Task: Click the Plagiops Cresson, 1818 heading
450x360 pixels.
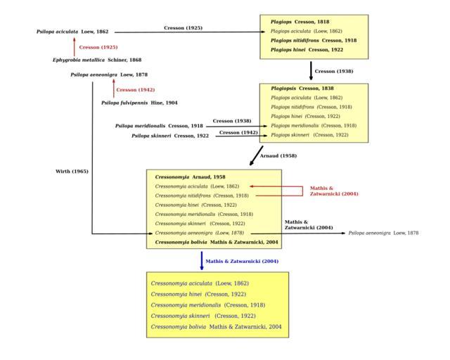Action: (300, 22)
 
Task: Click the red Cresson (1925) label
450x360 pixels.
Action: (98, 46)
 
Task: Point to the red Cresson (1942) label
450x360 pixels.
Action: (135, 89)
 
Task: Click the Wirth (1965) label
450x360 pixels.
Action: (71, 171)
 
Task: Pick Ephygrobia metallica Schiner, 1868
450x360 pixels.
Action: (97, 60)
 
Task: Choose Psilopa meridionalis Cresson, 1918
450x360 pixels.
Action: (159, 125)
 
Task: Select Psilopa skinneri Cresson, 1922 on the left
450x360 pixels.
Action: (170, 135)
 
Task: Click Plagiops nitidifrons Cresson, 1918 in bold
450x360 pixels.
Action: (314, 40)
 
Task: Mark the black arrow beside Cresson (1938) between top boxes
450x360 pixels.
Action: (311, 71)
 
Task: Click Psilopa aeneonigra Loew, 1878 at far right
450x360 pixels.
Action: (383, 232)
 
